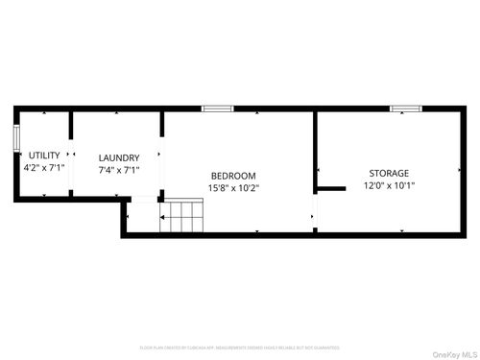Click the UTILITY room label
44,156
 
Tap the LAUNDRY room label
119,157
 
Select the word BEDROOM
233,176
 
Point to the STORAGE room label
389,173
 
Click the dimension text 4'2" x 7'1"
44,168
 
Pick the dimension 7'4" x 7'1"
119,170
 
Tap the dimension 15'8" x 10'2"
233,188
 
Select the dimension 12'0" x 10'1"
389,186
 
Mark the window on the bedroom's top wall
217,108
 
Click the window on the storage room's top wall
406,108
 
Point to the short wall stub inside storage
331,188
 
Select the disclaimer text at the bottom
239,348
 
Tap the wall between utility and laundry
70,134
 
